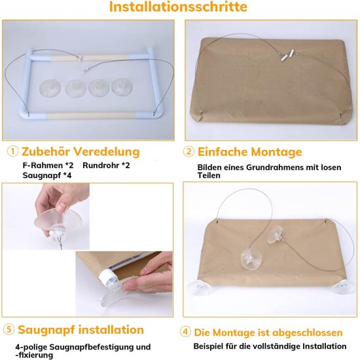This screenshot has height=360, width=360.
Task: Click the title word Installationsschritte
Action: point(178,7)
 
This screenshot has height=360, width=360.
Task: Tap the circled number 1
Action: point(12,152)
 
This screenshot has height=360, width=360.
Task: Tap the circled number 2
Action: point(189,152)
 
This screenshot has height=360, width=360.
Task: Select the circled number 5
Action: point(9,329)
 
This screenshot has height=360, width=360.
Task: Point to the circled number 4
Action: point(185,332)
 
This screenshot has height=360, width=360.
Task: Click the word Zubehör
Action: point(46,152)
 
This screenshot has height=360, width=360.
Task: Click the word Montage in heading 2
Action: point(276,152)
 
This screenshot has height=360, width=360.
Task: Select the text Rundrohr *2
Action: point(106,166)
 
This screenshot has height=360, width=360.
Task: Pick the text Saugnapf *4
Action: point(47,175)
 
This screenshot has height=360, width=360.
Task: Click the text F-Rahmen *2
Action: point(48,166)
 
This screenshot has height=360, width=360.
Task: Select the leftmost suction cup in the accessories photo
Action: point(50,88)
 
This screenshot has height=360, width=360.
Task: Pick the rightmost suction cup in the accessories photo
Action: point(122,86)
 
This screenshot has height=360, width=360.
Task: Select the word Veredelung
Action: point(107,152)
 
